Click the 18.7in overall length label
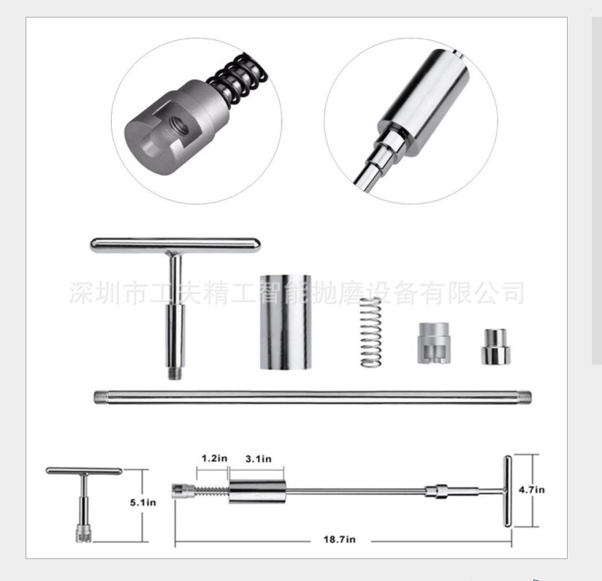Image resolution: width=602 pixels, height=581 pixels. [x=340, y=539]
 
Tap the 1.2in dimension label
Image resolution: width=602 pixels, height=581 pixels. [x=214, y=458]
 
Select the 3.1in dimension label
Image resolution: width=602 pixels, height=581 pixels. [x=259, y=458]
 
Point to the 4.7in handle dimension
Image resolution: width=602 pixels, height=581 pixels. [x=531, y=490]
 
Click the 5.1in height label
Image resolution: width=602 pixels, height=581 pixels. [x=142, y=502]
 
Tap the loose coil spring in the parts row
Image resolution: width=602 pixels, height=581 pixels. [x=370, y=333]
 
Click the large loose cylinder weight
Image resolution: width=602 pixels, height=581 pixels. [x=286, y=322]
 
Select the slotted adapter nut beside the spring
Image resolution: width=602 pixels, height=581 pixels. [x=434, y=343]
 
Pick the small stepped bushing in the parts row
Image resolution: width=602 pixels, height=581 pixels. [x=495, y=346]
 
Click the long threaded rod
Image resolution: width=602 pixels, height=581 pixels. [x=313, y=397]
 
